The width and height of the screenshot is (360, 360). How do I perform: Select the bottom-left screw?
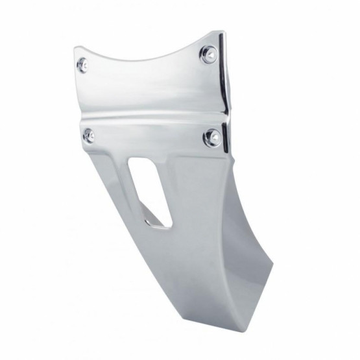coord(89,136)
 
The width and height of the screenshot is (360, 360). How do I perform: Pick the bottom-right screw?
coord(211,137)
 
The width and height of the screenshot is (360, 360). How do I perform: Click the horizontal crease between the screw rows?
coord(149,117)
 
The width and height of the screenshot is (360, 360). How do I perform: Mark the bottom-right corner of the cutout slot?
coord(170,226)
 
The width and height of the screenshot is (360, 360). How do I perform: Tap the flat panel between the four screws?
coord(149,91)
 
